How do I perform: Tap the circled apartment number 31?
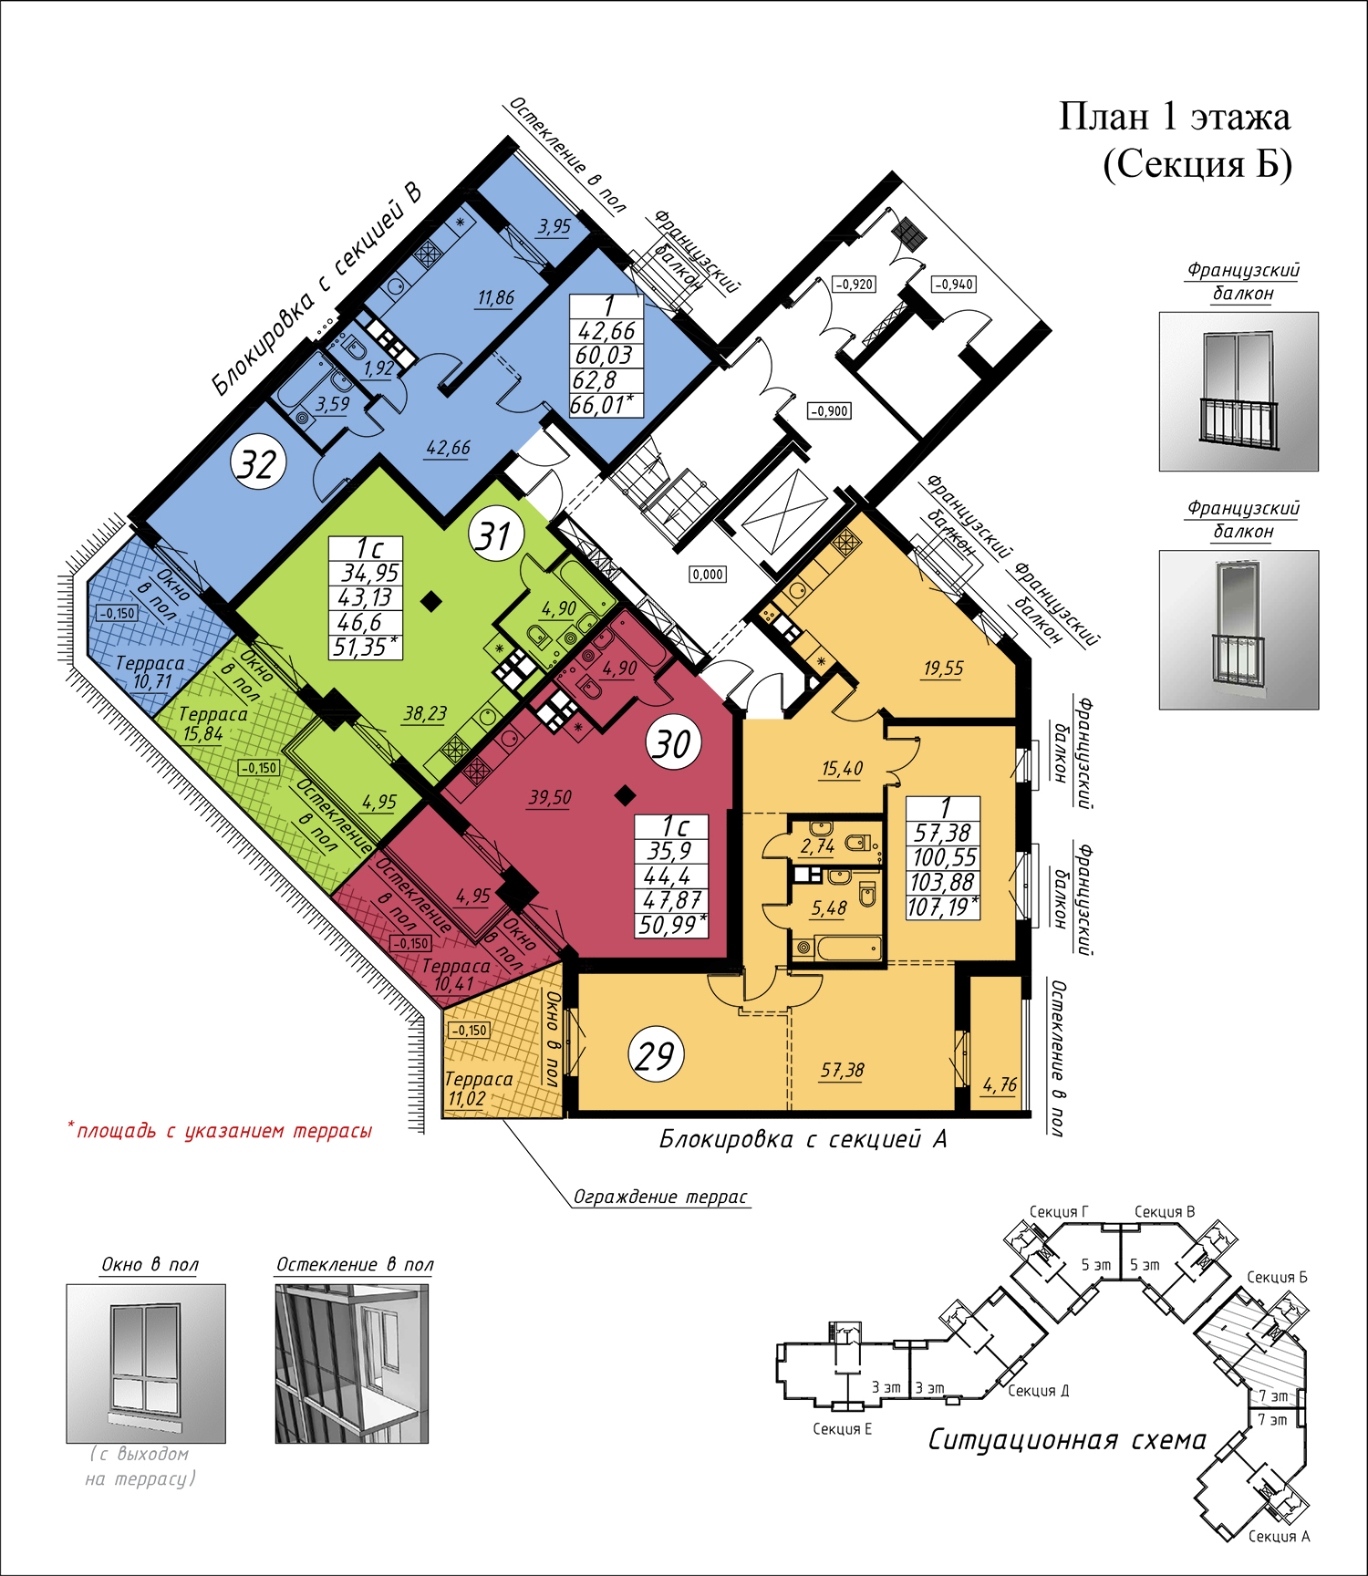[x=496, y=536]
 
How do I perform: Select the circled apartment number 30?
[x=674, y=743]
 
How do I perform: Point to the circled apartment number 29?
[x=656, y=1055]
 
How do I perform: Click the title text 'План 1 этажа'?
[x=1175, y=118]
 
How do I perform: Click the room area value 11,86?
[x=496, y=298]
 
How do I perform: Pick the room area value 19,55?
[x=943, y=669]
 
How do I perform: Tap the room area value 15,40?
[x=842, y=769]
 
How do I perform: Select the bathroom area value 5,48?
[x=829, y=908]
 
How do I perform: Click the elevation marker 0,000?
[x=708, y=575]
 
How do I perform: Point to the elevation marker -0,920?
[x=855, y=285]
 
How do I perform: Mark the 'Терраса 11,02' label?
[x=478, y=1089]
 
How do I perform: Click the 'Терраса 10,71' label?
[x=150, y=672]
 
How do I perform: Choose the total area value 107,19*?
[x=943, y=907]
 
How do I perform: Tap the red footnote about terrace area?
[x=220, y=1131]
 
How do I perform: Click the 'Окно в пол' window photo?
[x=146, y=1363]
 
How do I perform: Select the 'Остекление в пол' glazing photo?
[x=352, y=1363]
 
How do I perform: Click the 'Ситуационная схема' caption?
[x=1066, y=1440]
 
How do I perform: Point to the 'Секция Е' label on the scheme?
[x=842, y=1429]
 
